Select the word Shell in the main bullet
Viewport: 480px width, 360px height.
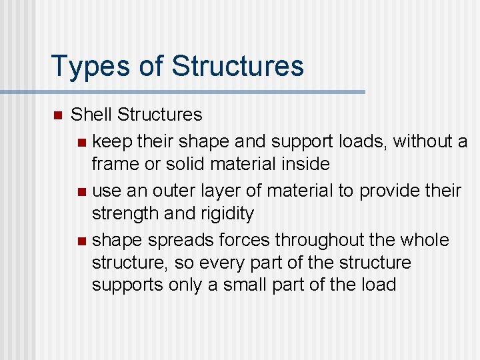coord(91,115)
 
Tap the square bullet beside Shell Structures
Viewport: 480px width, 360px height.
coord(57,115)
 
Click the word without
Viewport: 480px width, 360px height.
coord(422,141)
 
